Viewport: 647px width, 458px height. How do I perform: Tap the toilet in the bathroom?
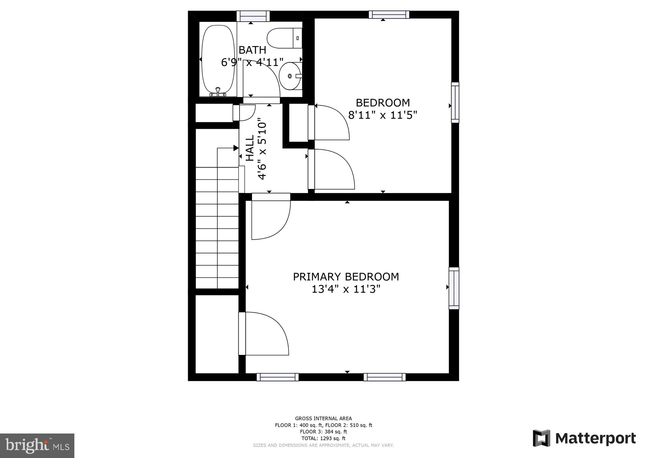pos(284,38)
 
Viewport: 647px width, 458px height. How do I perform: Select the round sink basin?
pos(289,76)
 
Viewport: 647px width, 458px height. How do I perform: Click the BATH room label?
pos(252,50)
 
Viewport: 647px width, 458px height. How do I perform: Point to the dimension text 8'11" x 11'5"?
pos(382,115)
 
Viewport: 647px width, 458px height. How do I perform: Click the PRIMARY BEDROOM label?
pos(346,277)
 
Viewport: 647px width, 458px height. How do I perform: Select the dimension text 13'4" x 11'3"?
pos(346,289)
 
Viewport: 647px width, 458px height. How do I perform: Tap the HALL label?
pos(250,148)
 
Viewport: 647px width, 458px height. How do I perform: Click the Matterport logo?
pos(584,438)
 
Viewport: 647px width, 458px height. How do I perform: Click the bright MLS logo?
pos(37,445)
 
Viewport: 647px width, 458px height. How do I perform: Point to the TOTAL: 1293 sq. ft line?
pos(323,438)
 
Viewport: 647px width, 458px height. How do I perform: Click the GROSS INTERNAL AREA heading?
pos(323,419)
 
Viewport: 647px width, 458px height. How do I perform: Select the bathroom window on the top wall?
pos(253,16)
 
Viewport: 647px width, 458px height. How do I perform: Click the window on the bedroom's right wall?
pos(455,102)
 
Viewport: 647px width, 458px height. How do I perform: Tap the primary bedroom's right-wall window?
pos(454,288)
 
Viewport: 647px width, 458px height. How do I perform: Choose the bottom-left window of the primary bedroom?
pos(277,377)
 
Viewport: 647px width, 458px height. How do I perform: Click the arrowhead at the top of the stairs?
pos(236,148)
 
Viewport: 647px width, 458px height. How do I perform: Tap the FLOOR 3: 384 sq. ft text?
pos(323,432)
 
